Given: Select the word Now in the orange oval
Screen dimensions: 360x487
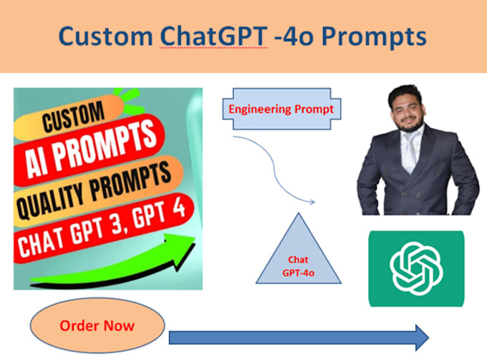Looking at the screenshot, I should click(x=119, y=326).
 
